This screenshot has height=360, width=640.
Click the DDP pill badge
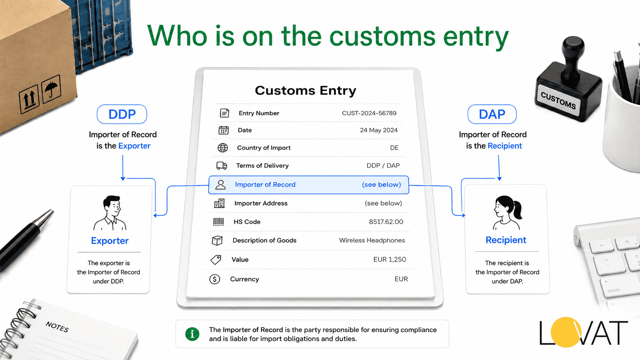tap(122, 114)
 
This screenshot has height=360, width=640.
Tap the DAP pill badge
tap(492, 114)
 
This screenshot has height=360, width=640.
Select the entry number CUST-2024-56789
tap(369, 113)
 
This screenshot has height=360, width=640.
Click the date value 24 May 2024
tap(379, 130)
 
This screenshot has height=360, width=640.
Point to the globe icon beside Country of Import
tap(223, 148)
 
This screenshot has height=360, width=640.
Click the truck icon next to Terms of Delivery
tap(222, 166)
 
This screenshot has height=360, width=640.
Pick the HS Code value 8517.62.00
tap(386, 222)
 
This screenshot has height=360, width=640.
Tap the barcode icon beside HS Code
tap(219, 222)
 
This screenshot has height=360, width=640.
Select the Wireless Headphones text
tap(372, 240)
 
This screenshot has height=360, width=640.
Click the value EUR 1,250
tap(390, 259)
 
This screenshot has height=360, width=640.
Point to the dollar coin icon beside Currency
tap(215, 279)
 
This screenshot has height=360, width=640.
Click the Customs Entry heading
tap(305, 91)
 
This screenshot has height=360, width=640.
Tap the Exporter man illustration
tap(110, 213)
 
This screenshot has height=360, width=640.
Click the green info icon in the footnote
tap(192, 334)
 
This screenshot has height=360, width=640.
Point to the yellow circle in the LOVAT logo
tap(566, 332)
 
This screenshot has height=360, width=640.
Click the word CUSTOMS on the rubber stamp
tap(558, 101)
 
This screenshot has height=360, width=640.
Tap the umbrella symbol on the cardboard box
tap(51, 89)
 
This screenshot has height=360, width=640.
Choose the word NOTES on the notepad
tap(57, 327)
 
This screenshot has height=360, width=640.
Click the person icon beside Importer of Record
tap(220, 185)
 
